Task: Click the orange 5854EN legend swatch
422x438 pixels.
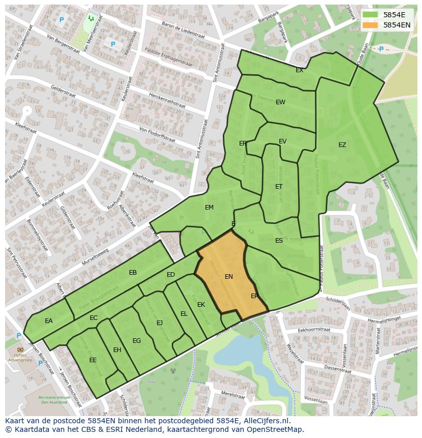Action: [370, 24]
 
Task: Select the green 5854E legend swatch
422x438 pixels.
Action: [370, 15]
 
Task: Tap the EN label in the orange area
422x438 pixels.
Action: [229, 277]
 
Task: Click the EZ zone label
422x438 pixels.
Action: [342, 145]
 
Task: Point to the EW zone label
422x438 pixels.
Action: [280, 102]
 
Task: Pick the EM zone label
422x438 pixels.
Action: [209, 208]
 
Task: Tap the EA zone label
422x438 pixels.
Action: [48, 321]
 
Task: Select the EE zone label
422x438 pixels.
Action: [93, 360]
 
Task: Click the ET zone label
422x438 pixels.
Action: [279, 187]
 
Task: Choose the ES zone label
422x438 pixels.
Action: [279, 241]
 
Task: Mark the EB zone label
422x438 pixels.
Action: [133, 273]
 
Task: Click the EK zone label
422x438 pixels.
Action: [201, 305]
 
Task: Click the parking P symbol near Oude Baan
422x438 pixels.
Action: [381, 49]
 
